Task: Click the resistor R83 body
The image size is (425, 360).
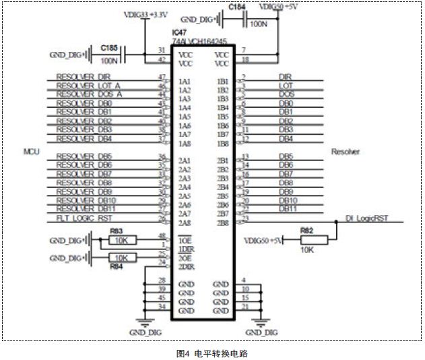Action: click(121, 239)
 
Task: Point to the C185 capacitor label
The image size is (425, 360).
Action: click(109, 48)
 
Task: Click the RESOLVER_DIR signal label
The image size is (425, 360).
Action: click(84, 77)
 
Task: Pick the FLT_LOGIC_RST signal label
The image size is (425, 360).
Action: click(84, 218)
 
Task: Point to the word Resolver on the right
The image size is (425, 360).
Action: click(346, 152)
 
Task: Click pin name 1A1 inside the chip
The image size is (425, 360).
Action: click(185, 82)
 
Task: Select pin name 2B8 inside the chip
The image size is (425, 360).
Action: click(222, 222)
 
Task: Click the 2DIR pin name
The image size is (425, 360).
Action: click(187, 267)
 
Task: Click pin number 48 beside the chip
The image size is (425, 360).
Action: click(161, 236)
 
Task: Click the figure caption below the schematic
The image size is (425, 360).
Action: click(211, 353)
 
